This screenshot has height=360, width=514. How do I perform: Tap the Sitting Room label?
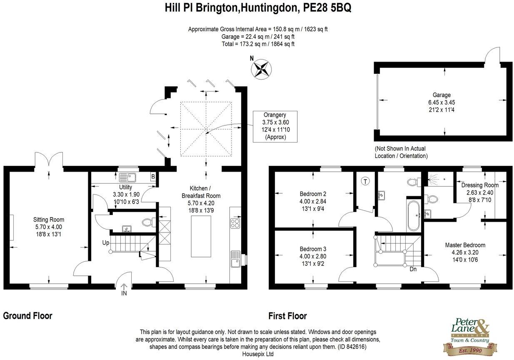[x=49, y=220]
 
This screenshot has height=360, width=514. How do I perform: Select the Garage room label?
[x=441, y=95]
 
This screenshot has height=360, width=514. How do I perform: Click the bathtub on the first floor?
[x=414, y=216]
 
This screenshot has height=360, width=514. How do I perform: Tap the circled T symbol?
[x=365, y=181]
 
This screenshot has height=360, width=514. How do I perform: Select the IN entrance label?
[x=124, y=294]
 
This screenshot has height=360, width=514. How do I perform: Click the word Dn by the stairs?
[x=413, y=269]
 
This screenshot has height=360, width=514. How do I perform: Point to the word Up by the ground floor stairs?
[x=107, y=242]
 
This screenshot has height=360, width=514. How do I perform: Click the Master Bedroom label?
[x=465, y=245]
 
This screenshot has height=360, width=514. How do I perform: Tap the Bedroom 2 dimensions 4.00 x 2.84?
[x=313, y=201]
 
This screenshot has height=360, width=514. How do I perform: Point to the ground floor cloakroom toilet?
[x=147, y=222]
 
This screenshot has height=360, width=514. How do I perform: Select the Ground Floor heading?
[x=28, y=316]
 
